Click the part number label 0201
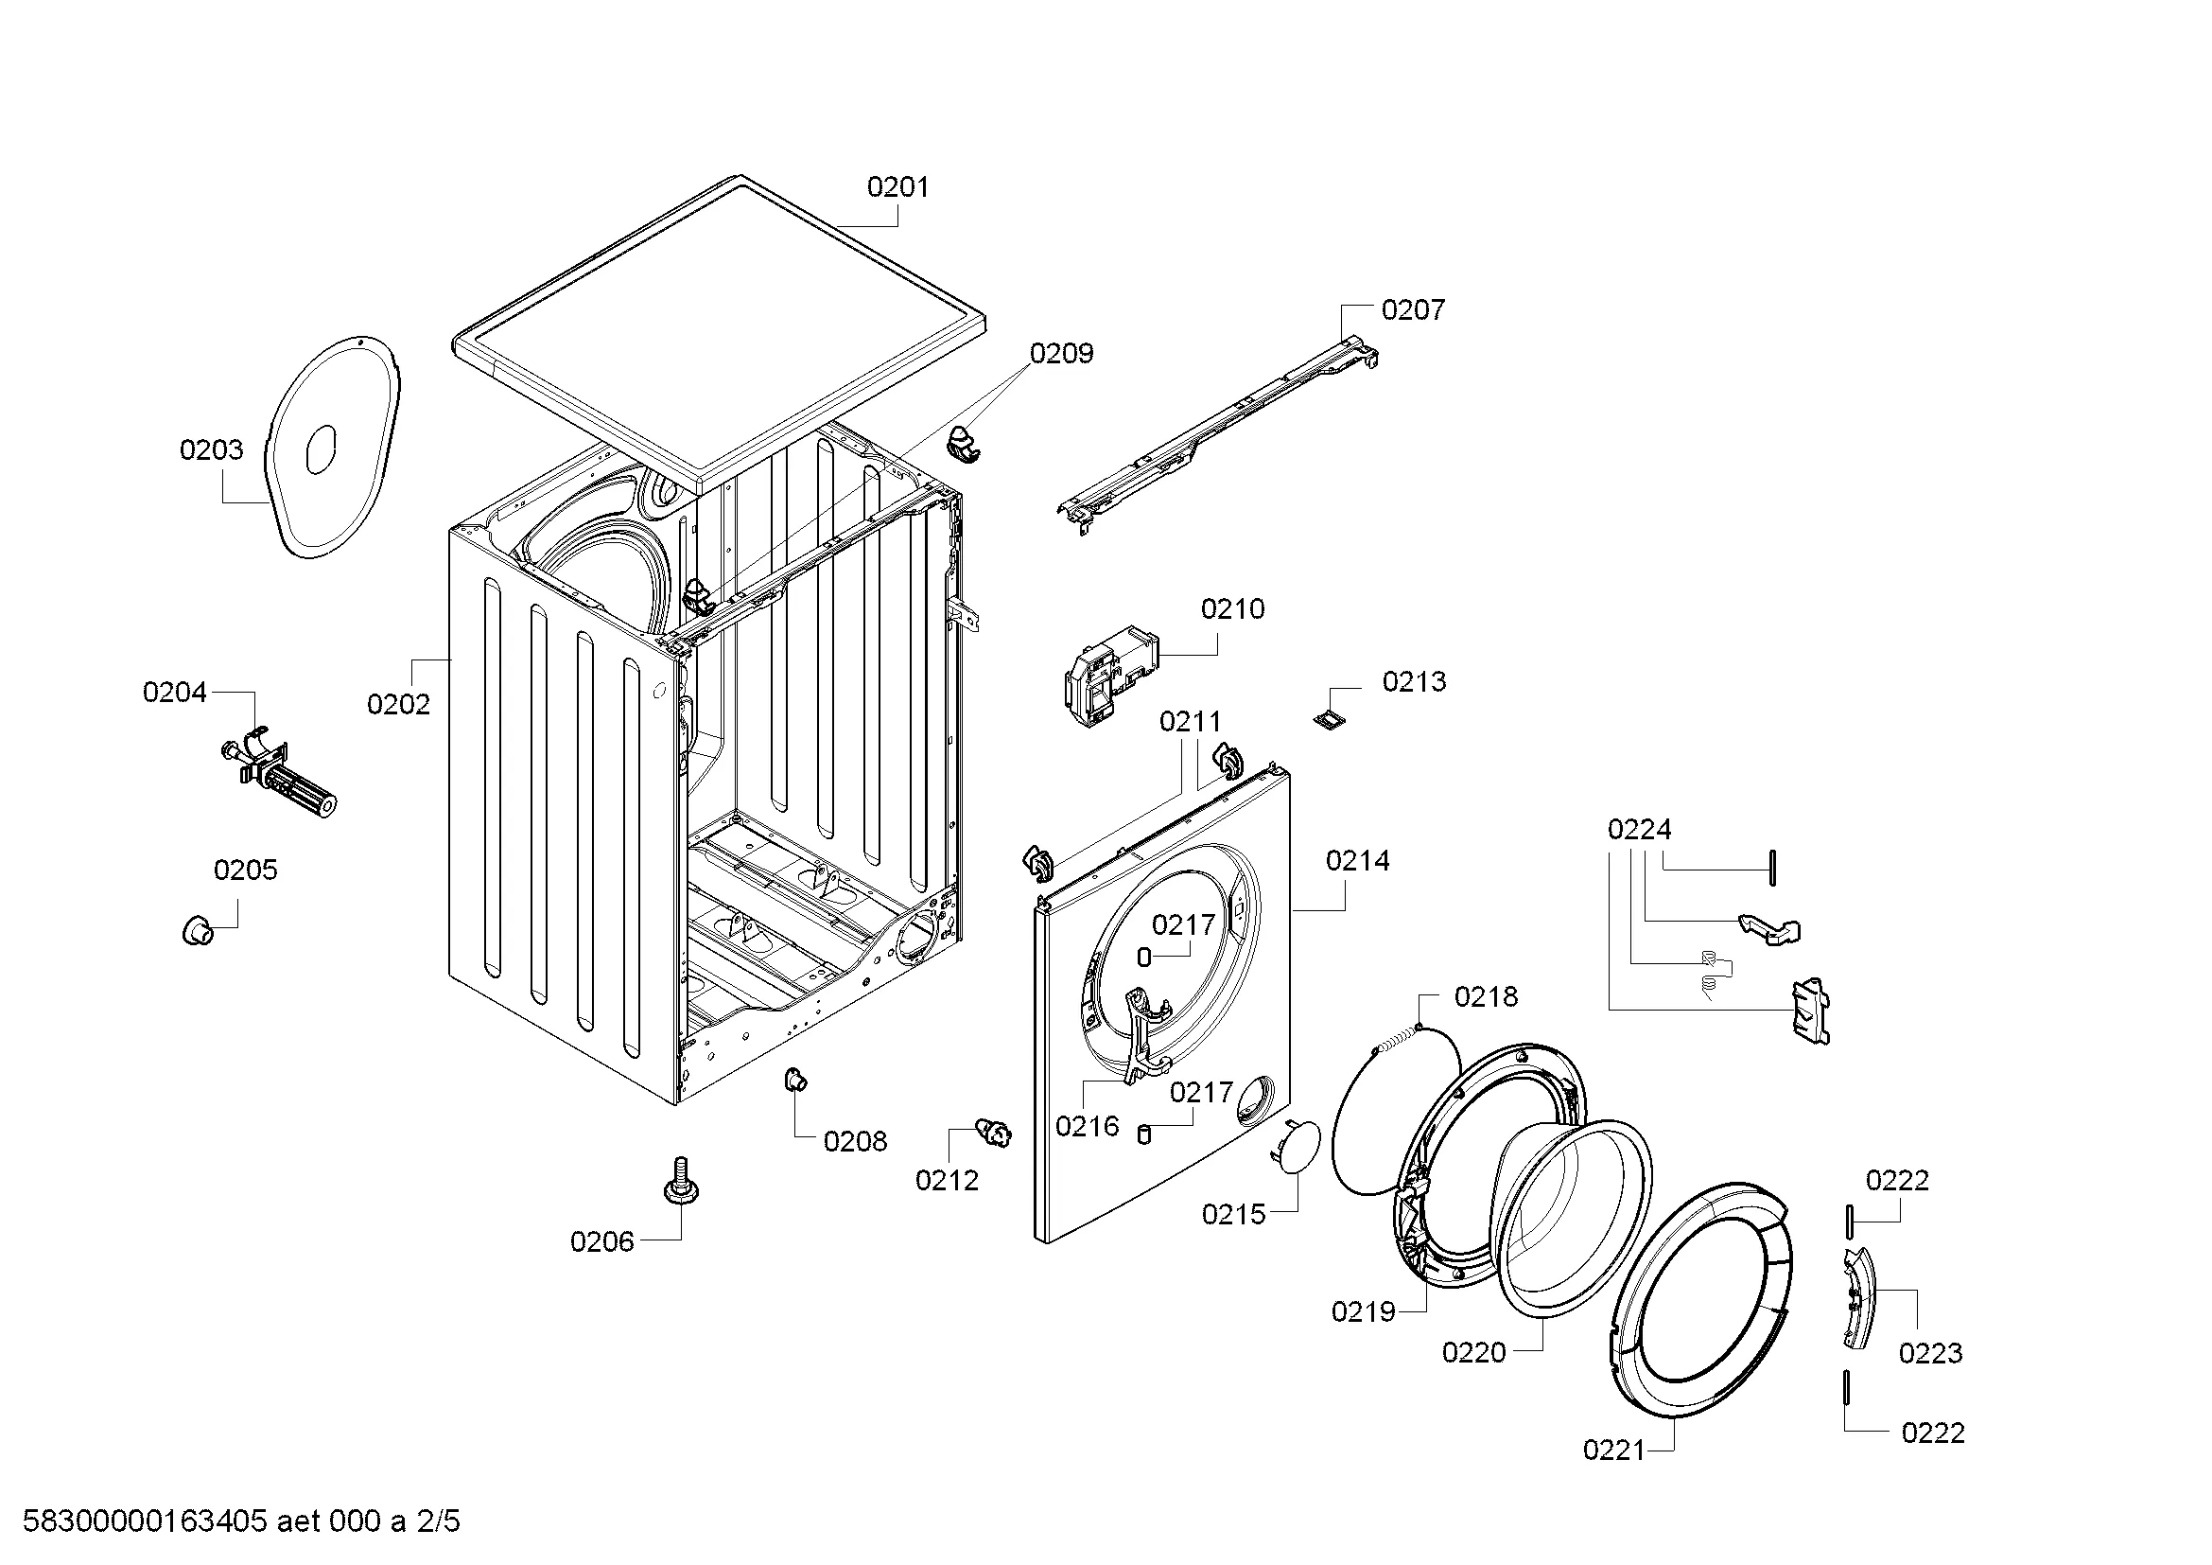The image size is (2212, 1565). pos(897,187)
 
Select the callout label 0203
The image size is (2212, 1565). pos(211,450)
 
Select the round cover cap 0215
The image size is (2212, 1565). pos(1296,1146)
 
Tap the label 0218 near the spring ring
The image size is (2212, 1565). pos(1486,997)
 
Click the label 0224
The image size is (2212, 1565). pos(1639,830)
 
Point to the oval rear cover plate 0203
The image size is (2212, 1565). pos(334,448)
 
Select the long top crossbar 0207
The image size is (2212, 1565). pos(1219,435)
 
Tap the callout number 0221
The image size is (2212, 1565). pos(1613,1477)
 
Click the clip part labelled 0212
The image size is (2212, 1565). pos(994,1132)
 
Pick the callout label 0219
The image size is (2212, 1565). pos(1364,1311)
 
